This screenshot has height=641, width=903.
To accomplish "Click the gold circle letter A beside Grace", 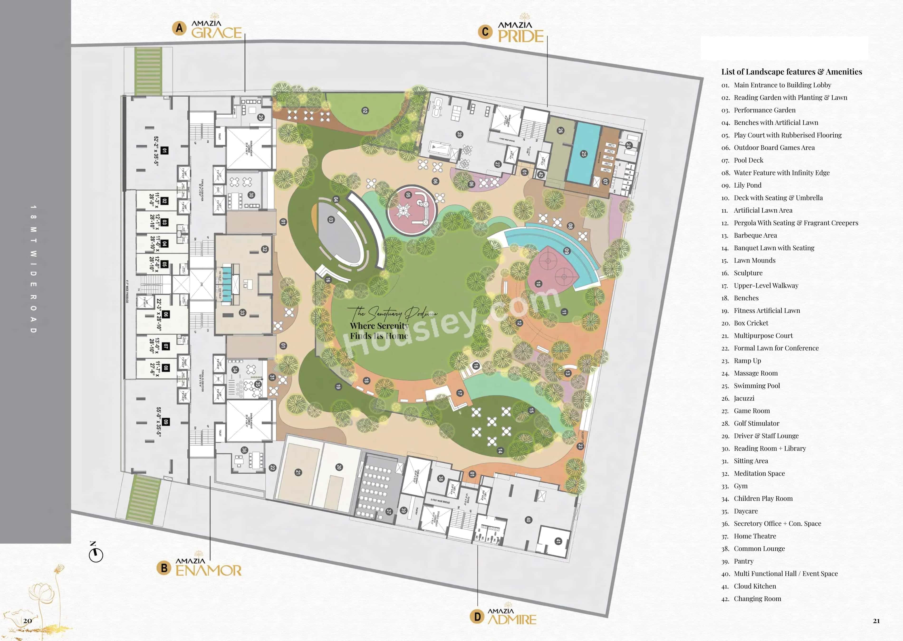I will pos(179,28).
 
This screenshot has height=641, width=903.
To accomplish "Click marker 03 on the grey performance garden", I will pos(331,220).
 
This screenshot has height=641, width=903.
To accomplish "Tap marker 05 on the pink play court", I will pos(408,195).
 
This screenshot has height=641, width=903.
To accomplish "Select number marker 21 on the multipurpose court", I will pos(298,472).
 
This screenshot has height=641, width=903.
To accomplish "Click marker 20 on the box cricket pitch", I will pos(339,467).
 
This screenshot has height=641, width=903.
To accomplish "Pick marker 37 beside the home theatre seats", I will pos(389,511).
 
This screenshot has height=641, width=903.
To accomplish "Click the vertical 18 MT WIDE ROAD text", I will pos(33,269).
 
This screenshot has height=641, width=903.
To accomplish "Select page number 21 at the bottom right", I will pos(876,621).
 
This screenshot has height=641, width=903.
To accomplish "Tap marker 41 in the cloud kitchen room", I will pos(558,541).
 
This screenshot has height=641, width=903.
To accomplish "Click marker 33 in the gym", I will pos(242,313).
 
